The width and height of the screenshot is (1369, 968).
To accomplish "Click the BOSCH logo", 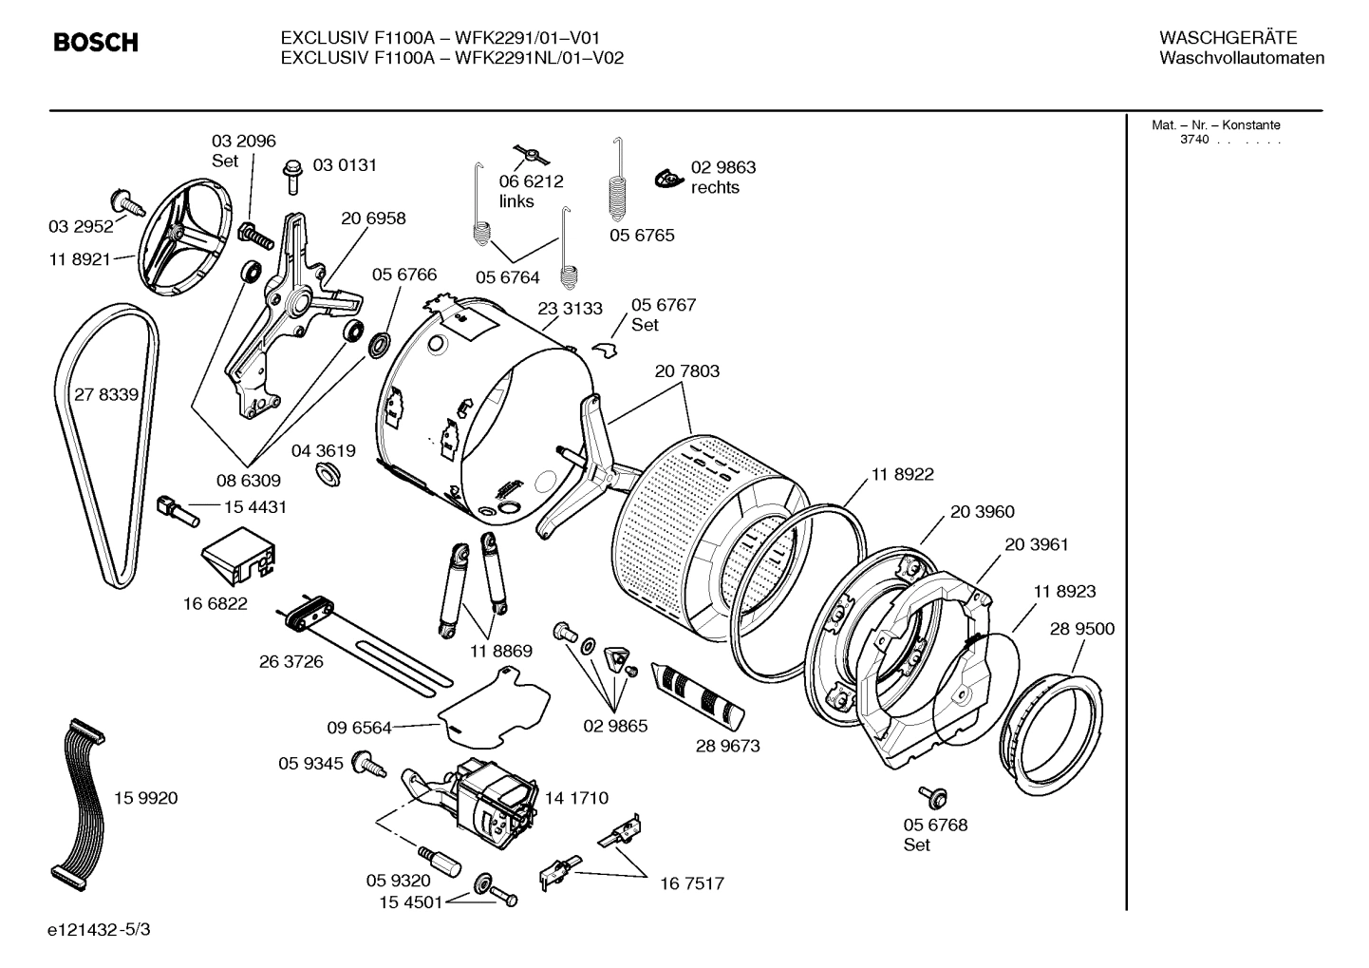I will (96, 43).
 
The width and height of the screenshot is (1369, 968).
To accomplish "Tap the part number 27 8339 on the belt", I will (106, 394).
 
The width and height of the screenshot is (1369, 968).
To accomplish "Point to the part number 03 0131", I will (345, 165).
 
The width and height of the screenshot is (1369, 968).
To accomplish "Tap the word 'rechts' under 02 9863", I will (715, 188).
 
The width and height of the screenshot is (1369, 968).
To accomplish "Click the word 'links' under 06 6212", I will (516, 201).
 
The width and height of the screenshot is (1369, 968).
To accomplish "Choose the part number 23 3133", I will (570, 309).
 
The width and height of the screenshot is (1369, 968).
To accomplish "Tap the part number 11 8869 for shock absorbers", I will (500, 652).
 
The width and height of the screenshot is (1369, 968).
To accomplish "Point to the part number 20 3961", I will (1037, 545).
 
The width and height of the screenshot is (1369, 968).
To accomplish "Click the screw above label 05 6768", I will (928, 796).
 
